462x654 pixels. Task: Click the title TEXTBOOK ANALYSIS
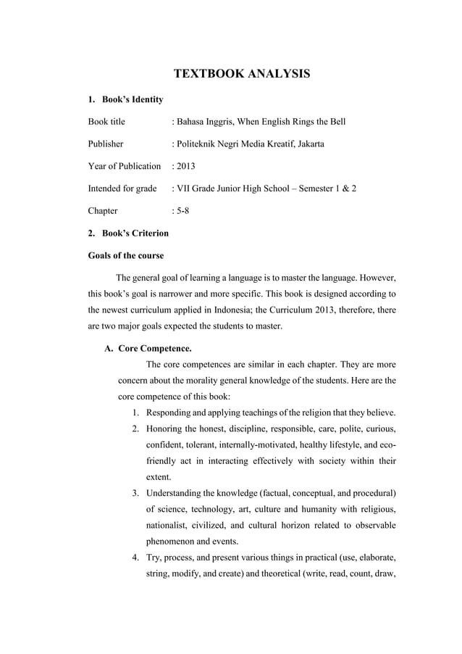point(242,74)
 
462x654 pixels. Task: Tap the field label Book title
point(106,122)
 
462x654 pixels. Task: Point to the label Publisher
point(106,144)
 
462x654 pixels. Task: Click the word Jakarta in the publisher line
point(308,144)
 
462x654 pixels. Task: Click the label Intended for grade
point(122,189)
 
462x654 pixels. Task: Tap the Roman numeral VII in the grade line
point(184,189)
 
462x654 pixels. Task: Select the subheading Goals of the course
point(125,255)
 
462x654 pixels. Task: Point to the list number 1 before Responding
point(135,413)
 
